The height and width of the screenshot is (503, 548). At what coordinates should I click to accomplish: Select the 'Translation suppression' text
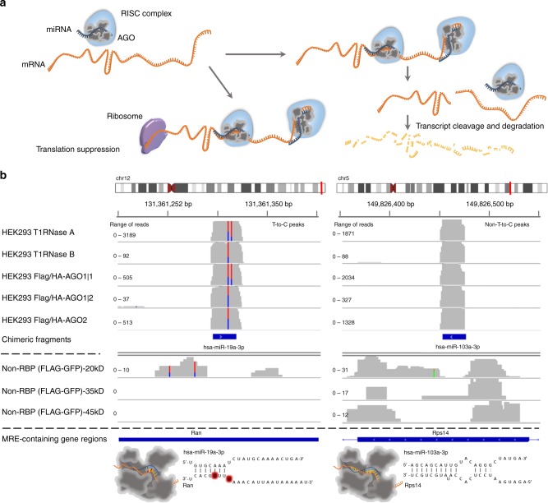click(78, 150)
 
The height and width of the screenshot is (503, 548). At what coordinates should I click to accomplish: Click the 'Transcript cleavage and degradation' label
click(479, 127)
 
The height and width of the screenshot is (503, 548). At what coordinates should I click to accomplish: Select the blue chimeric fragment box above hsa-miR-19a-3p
click(224, 337)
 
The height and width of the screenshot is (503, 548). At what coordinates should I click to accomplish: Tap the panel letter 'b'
click(6, 176)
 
